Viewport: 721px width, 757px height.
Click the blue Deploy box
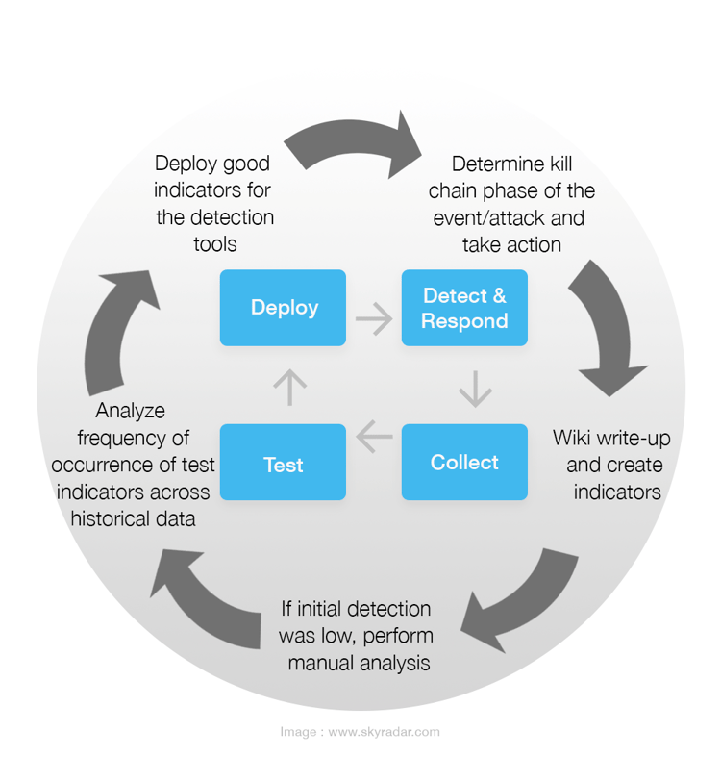tap(283, 308)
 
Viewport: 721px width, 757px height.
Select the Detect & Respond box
tap(464, 308)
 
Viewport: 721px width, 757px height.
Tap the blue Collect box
tap(464, 463)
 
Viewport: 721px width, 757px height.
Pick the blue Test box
tap(283, 464)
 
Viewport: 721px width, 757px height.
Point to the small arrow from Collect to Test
tap(374, 439)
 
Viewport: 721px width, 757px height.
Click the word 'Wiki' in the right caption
tap(575, 439)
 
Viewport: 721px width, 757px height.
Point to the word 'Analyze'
tap(131, 411)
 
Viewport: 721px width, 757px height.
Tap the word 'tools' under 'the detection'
tap(214, 244)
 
